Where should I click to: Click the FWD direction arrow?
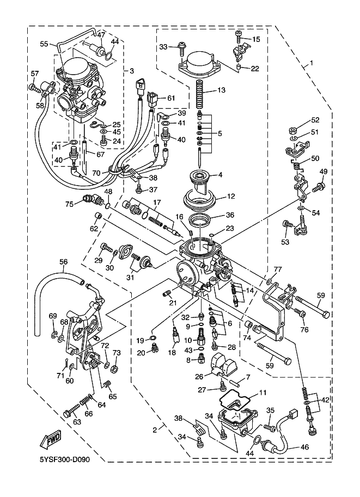(50, 440)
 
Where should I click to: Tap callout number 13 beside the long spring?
(222, 90)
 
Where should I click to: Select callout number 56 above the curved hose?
(63, 262)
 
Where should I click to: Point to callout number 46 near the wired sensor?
(304, 448)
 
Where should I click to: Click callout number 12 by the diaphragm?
(231, 197)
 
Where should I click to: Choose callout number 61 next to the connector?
(171, 98)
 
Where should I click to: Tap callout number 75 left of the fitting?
(69, 205)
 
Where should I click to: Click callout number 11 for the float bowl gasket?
(263, 392)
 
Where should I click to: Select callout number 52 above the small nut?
(315, 120)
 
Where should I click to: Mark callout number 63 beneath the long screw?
(77, 422)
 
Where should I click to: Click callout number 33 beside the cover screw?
(163, 47)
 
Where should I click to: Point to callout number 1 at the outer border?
(311, 63)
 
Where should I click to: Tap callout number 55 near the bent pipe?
(44, 44)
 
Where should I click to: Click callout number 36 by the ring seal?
(230, 215)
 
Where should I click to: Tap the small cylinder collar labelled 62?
(98, 217)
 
